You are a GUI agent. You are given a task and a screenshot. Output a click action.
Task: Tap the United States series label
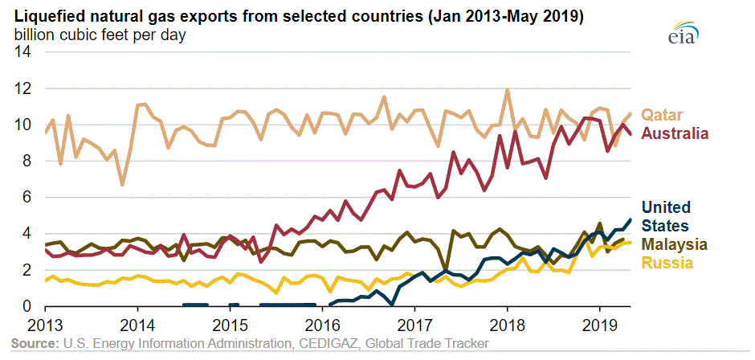668,216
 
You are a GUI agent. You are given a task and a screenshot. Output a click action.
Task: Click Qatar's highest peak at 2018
508,90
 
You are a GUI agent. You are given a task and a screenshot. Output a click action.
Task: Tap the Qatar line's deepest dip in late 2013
122,185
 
